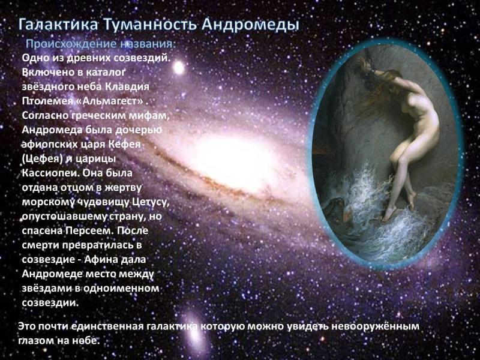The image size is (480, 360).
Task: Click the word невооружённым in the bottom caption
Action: (x=377, y=326)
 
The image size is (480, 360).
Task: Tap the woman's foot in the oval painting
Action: (x=391, y=213)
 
